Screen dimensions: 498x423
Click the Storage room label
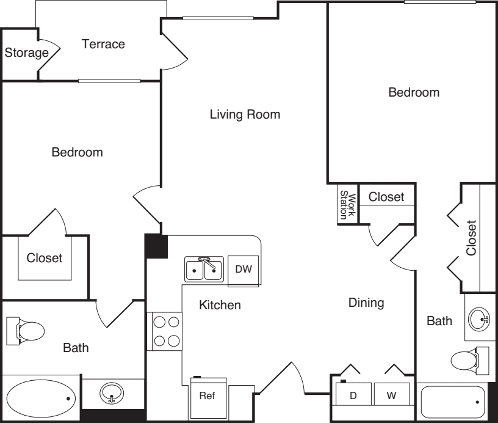27,53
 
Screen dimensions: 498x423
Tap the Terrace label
103,44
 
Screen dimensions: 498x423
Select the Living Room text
245,114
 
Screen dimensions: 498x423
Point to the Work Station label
348,205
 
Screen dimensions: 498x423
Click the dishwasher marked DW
244,270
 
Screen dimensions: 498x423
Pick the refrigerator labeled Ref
208,397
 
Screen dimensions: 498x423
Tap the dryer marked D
353,394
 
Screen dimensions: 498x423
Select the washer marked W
392,394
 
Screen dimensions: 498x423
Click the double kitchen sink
204,270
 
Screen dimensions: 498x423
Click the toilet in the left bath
26,331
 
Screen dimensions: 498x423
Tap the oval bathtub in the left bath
41,399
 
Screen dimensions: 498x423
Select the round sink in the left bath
112,393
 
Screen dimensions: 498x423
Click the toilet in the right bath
469,361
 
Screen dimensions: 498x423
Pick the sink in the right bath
480,319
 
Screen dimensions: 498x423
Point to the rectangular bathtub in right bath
452,403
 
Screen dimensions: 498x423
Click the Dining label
366,303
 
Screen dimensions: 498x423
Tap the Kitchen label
220,305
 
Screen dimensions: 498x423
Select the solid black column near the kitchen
156,246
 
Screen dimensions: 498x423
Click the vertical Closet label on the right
471,238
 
